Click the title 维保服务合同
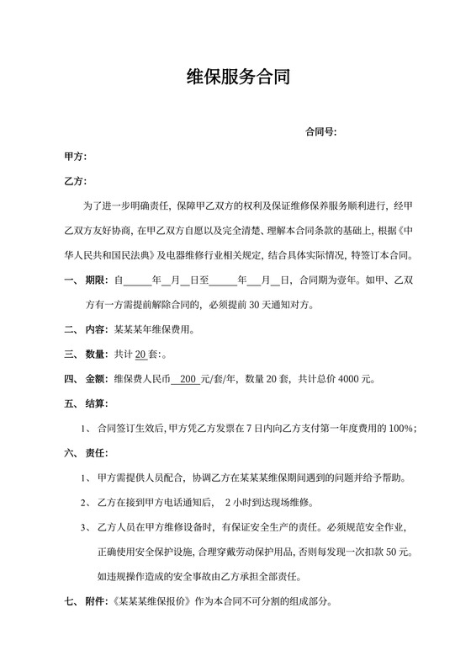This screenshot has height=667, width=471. pyautogui.click(x=238, y=78)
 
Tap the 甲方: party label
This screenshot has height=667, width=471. pyautogui.click(x=76, y=157)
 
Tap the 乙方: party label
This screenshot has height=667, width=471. pyautogui.click(x=76, y=181)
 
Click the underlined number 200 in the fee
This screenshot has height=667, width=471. pyautogui.click(x=188, y=379)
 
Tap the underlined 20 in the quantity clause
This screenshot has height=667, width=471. pyautogui.click(x=140, y=354)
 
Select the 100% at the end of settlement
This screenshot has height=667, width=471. pyautogui.click(x=400, y=428)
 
